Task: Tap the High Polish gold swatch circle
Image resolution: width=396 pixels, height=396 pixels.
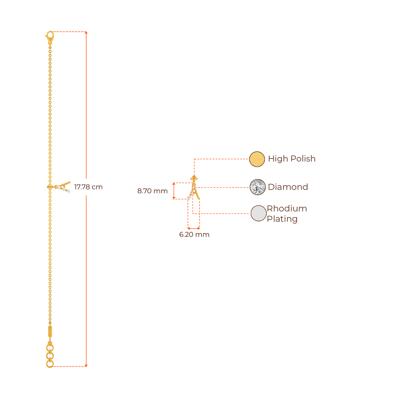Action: [257, 159]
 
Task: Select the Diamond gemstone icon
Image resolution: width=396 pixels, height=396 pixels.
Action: [258, 187]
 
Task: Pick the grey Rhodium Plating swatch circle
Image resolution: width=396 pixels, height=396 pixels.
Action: [258, 213]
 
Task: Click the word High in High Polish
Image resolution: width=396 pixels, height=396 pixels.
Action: [276, 159]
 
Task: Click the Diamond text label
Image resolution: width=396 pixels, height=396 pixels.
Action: [288, 187]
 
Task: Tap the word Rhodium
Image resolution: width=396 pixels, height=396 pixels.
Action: [287, 209]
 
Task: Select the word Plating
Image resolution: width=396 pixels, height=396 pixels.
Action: [283, 219]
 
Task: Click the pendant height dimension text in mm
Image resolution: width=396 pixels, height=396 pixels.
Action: [152, 191]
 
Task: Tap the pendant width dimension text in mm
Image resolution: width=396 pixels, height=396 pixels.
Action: [194, 235]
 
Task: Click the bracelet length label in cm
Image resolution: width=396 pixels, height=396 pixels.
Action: [88, 187]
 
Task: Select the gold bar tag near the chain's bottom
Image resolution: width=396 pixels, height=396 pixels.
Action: [49, 332]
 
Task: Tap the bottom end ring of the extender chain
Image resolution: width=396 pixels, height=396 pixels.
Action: [49, 364]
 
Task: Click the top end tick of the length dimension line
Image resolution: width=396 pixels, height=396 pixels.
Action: [86, 32]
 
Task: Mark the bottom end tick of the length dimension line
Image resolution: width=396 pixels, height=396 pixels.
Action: [86, 365]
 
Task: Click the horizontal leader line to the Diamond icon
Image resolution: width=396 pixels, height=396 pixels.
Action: [224, 188]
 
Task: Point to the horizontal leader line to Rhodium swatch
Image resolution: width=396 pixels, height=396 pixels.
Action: [222, 213]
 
